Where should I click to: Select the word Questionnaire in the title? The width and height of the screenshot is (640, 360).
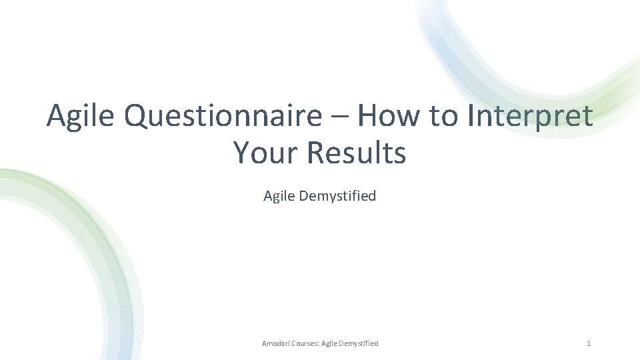point(229,117)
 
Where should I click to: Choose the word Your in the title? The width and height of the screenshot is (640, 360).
point(267,153)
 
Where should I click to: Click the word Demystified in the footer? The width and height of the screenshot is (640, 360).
point(359,343)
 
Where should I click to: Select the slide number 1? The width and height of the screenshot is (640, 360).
point(588,343)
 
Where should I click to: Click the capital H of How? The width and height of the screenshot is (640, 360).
point(367,117)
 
